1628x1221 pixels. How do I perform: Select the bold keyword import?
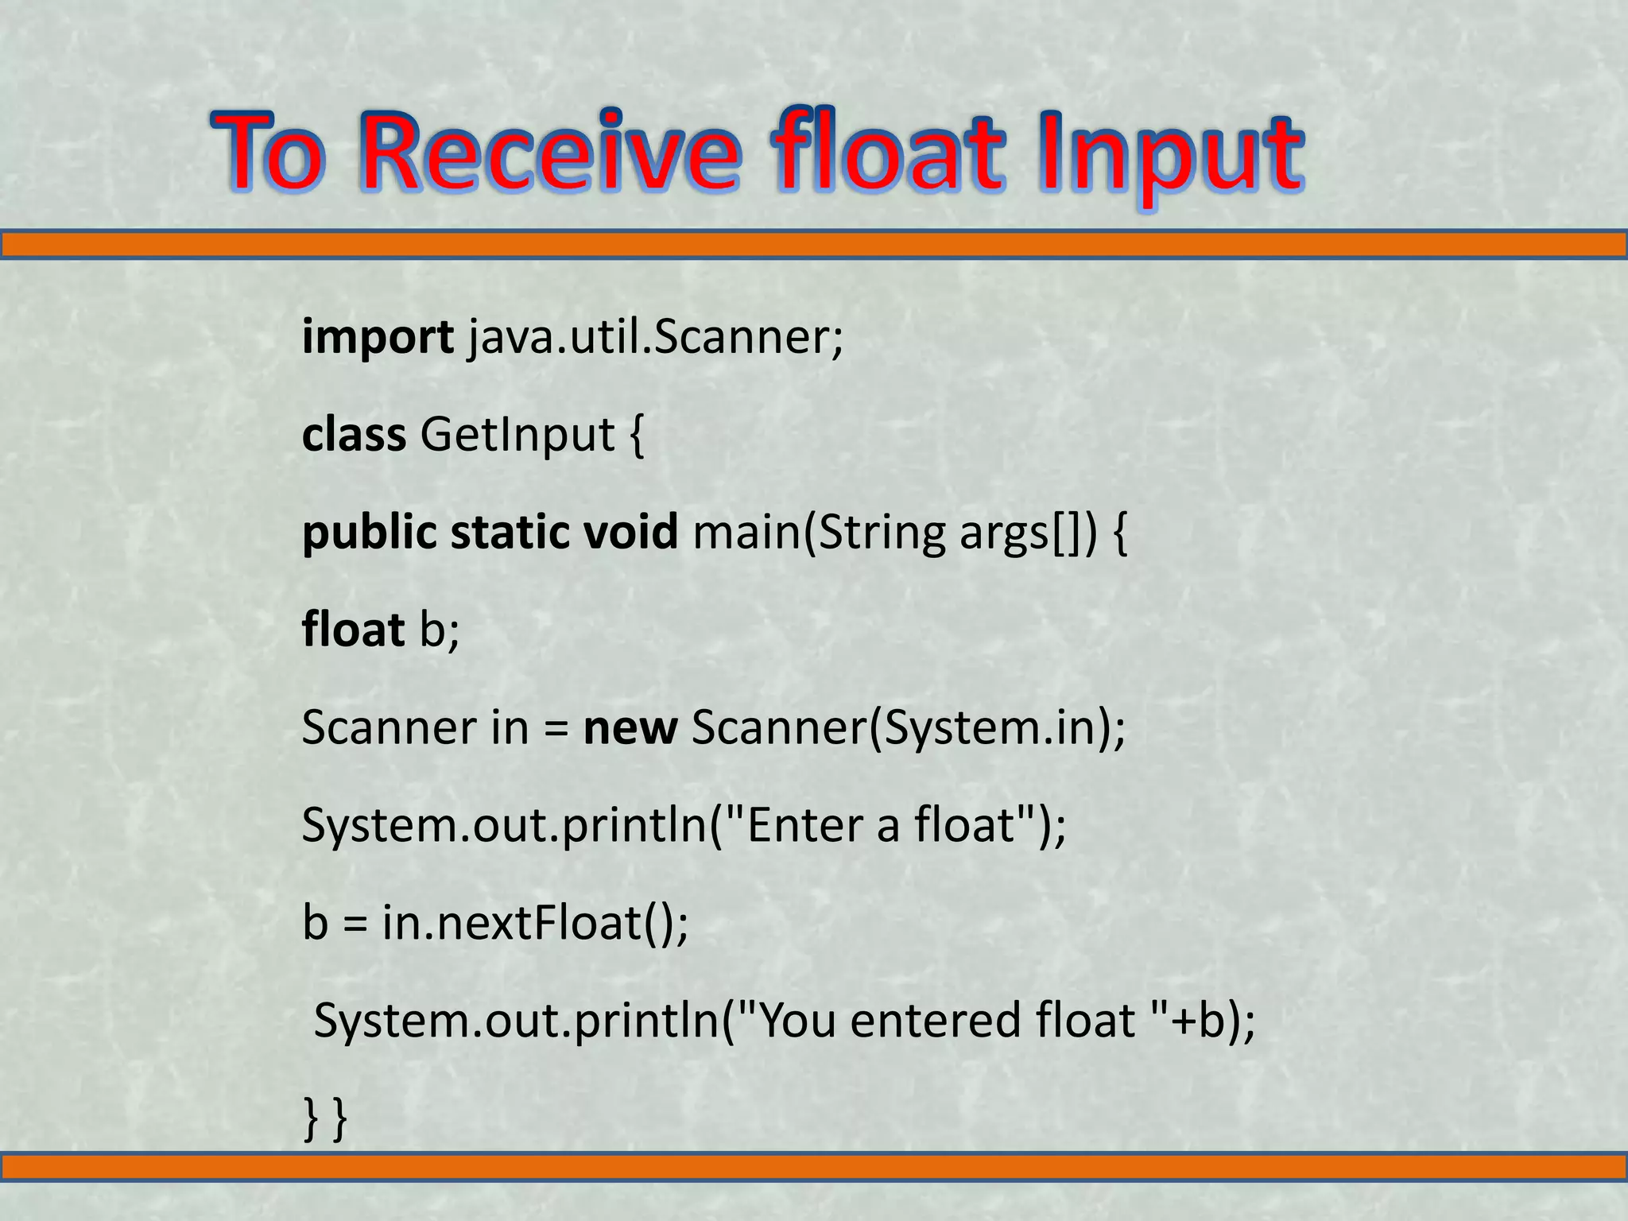tap(377, 338)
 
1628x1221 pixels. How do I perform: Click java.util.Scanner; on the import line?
tap(655, 336)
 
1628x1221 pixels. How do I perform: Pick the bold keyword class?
tap(354, 435)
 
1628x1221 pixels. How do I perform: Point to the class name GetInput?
tap(517, 435)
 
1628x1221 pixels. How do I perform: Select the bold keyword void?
tap(630, 532)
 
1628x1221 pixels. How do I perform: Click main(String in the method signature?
tap(819, 533)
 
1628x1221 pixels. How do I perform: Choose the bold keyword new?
tap(630, 727)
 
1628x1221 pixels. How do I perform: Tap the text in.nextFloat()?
tap(535, 923)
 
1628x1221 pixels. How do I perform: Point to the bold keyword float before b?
tap(353, 630)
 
